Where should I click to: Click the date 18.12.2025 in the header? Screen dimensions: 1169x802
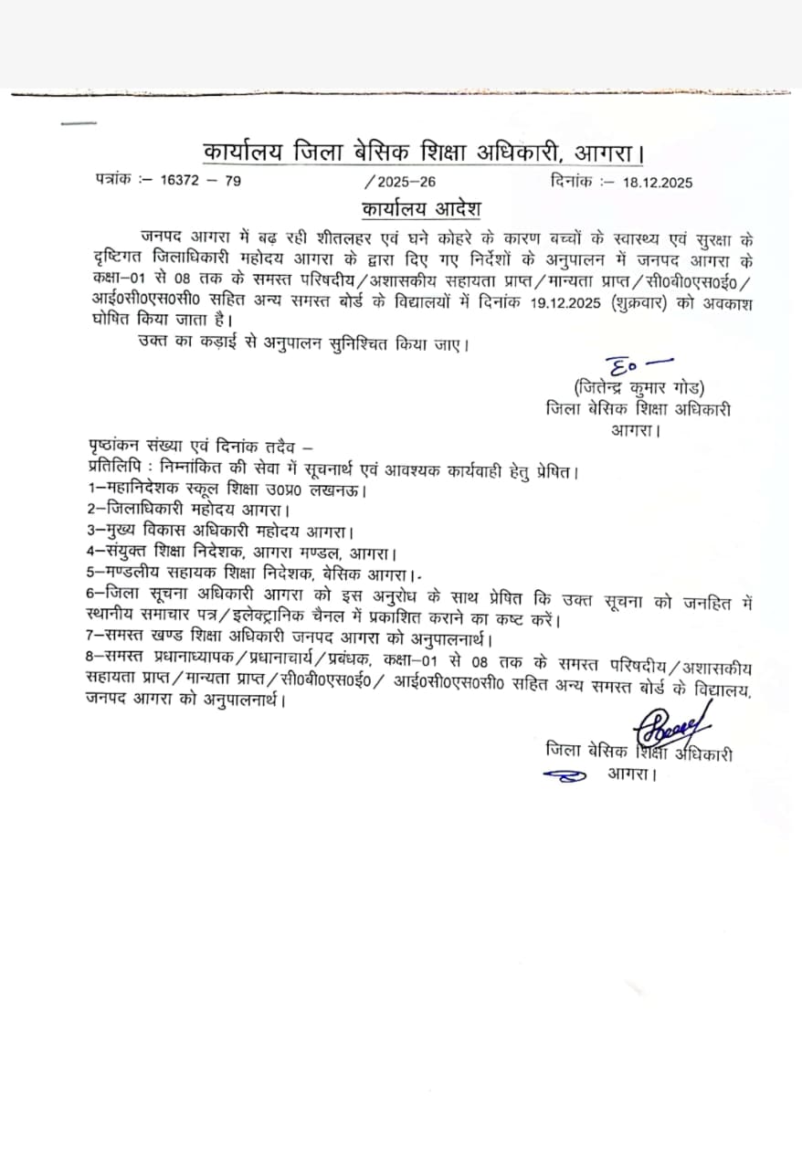pos(658,183)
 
